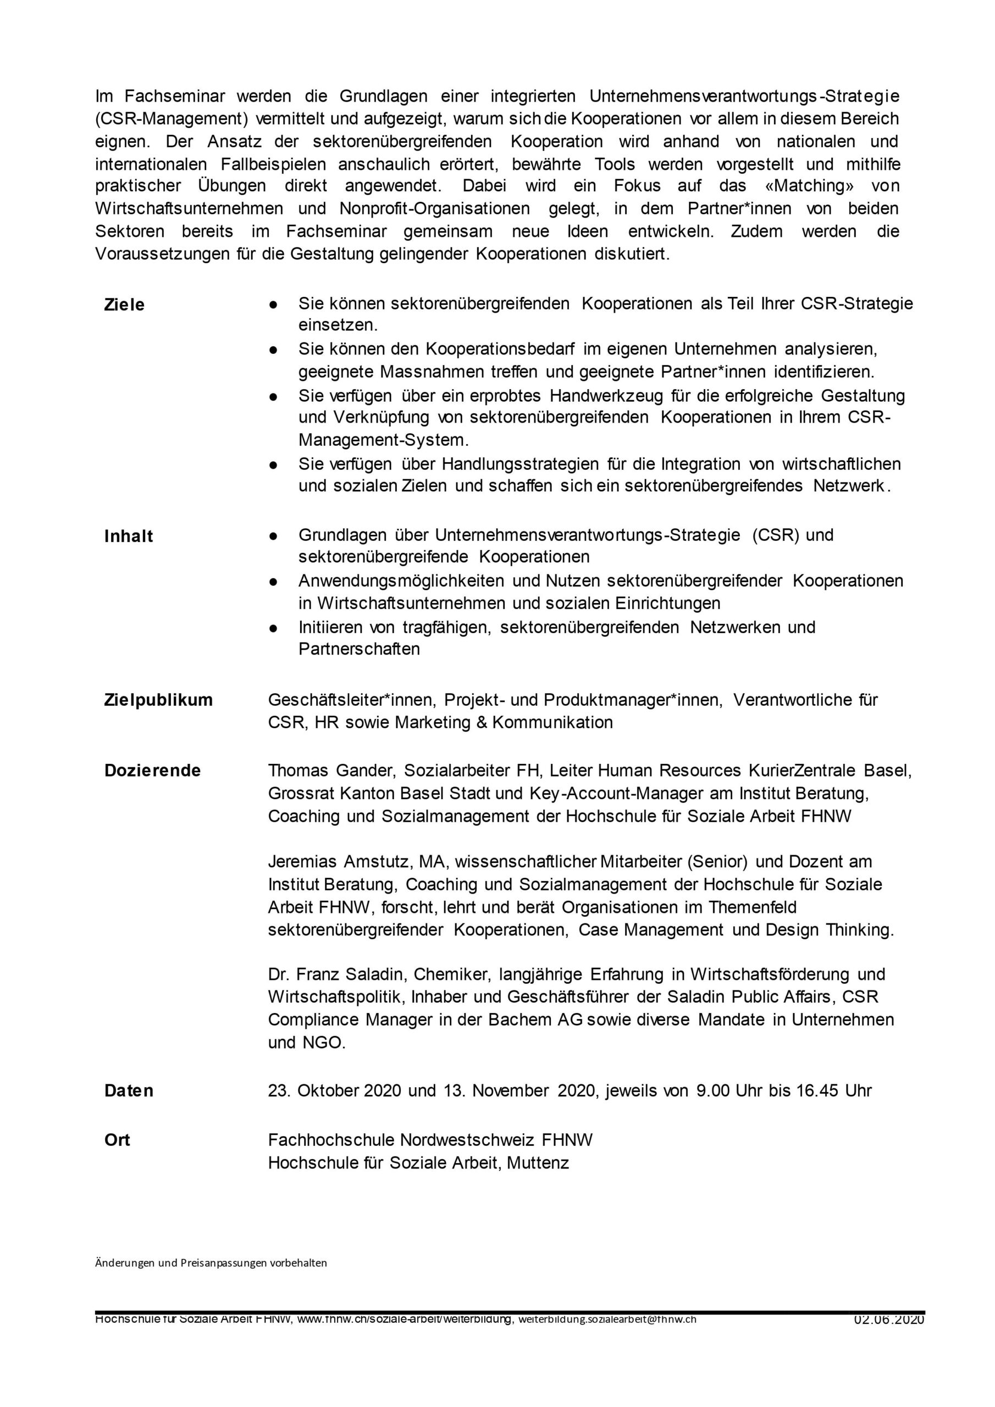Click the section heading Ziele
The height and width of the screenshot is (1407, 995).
coord(124,304)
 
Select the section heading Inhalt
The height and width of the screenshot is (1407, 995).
coord(128,536)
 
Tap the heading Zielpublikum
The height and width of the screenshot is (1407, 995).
coord(158,700)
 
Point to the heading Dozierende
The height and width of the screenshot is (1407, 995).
coord(152,771)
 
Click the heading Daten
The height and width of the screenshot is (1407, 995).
coord(129,1091)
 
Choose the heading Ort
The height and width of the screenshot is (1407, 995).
coord(117,1140)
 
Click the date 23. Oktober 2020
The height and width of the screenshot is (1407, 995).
coord(335,1091)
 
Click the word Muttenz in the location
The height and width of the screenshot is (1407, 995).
coord(538,1162)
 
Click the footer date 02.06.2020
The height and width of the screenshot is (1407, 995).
coord(889,1321)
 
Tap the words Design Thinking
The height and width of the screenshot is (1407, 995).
coord(829,930)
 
